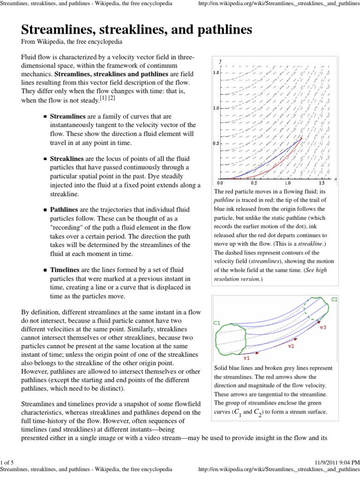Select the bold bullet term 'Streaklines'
(67, 159)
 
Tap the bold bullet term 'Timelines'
(65, 270)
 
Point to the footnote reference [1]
(103, 97)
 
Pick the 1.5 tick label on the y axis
(216, 73)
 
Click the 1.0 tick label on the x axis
(288, 184)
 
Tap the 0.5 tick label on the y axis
(216, 143)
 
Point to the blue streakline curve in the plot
(262, 159)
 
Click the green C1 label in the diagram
(217, 323)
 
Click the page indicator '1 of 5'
(9, 463)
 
